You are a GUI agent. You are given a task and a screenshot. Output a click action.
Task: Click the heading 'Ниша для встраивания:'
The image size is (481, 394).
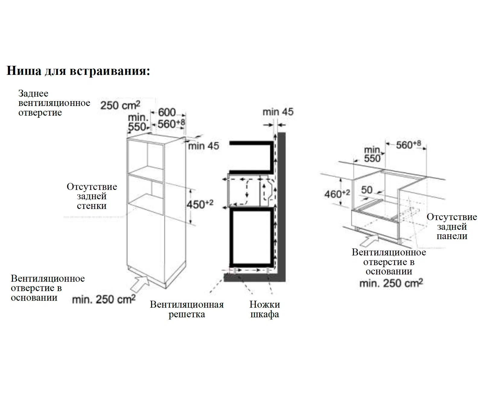78,71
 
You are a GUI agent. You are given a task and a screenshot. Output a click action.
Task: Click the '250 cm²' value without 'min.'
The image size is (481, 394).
120,105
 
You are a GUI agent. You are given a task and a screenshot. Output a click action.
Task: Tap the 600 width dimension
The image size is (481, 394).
167,112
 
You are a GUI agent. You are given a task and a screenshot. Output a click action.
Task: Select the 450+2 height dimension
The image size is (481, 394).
199,204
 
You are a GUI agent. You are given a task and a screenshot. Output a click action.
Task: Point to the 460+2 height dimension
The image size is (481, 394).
337,194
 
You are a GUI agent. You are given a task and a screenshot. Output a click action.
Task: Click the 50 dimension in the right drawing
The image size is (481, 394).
367,190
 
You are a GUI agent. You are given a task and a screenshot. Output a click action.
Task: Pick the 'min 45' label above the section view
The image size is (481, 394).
278,112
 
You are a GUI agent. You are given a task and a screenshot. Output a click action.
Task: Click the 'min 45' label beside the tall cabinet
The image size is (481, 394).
203,146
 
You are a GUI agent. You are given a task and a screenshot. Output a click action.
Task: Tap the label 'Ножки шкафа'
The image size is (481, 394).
265,309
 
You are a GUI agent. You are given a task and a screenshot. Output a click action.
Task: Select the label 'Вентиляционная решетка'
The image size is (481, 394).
187,309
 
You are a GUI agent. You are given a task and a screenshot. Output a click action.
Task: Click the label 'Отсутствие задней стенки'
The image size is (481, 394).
92,196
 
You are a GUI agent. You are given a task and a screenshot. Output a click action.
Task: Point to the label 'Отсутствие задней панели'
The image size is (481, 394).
452,226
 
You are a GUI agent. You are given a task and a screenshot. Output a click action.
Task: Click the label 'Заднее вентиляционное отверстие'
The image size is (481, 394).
54,103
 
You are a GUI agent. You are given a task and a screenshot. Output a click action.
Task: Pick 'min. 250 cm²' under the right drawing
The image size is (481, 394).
391,283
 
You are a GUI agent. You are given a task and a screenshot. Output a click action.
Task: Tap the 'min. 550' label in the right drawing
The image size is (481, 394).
372,154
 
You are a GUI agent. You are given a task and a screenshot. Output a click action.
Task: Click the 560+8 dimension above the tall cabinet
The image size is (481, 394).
171,123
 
